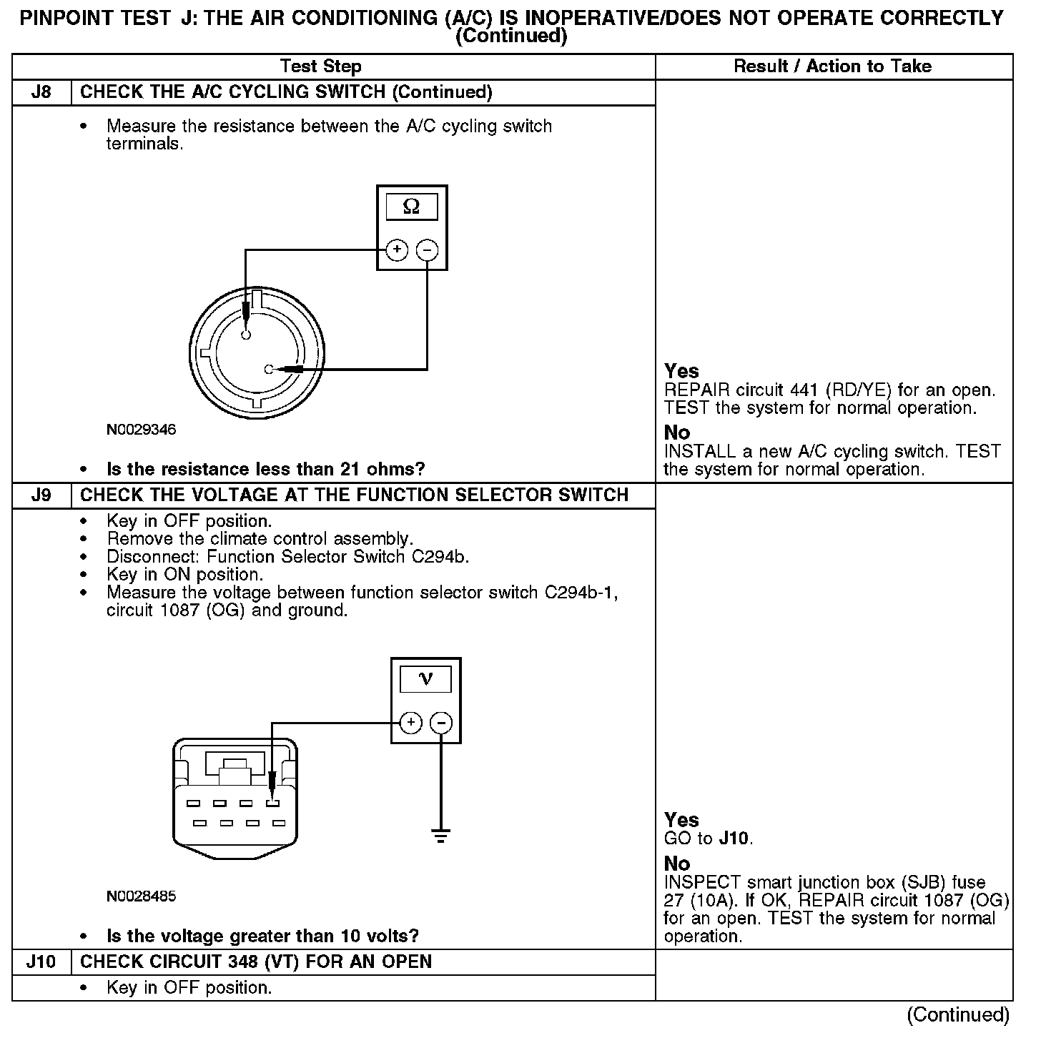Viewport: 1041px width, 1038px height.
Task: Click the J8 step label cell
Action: coord(41,92)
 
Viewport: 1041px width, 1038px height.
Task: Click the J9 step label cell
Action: coord(41,495)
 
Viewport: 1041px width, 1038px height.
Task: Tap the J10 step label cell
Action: coord(41,962)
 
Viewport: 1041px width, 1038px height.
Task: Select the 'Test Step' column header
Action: coord(321,66)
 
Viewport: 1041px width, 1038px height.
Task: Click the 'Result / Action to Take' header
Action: coord(833,66)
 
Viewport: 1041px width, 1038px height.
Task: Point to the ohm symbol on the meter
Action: coord(411,207)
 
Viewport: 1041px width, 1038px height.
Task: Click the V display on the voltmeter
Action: coord(425,679)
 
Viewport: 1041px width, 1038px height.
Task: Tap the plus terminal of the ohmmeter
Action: coord(397,250)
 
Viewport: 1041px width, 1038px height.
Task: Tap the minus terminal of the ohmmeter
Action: coord(427,250)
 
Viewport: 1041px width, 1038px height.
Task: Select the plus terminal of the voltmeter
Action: coord(410,723)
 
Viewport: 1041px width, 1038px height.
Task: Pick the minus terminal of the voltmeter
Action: coord(441,723)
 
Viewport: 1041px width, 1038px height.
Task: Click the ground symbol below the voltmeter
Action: coord(441,834)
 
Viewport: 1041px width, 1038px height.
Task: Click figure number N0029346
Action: coord(141,430)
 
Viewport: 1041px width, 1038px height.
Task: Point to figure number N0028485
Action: coord(141,896)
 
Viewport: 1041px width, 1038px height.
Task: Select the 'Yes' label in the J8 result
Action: coord(681,371)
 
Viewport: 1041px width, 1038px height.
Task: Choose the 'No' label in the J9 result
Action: coord(677,864)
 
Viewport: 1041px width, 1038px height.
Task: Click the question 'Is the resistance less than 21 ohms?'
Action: coord(265,470)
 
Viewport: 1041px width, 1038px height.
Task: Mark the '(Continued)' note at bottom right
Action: coord(958,1014)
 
